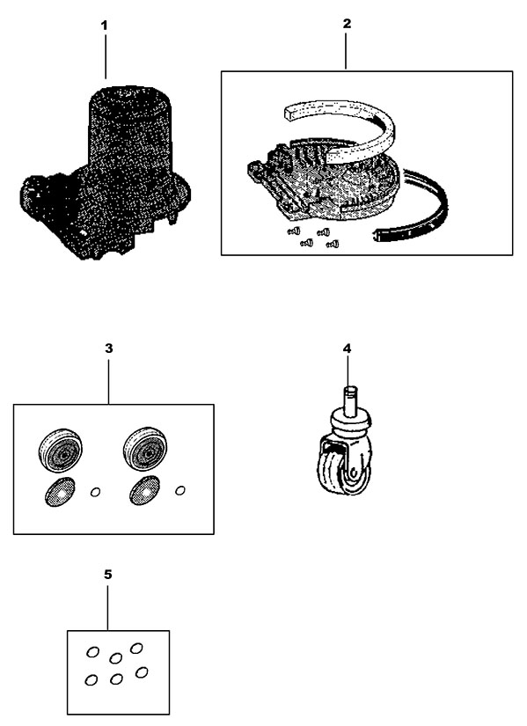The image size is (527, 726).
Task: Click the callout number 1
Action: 104,26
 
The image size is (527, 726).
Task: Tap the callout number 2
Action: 347,24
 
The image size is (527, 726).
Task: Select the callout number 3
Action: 108,348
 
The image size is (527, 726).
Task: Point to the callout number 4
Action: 347,348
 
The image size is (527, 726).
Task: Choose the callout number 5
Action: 107,575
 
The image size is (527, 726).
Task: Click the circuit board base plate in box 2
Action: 324,185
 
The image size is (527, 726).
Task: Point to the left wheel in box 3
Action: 60,450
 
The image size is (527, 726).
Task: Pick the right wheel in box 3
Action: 145,450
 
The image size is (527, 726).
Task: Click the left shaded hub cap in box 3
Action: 60,491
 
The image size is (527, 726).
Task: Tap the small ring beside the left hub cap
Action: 95,492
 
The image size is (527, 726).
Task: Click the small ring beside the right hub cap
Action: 180,490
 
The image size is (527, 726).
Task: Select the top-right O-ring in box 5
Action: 136,649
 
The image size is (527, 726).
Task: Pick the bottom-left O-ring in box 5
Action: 91,680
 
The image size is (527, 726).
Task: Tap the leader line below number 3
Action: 108,380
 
